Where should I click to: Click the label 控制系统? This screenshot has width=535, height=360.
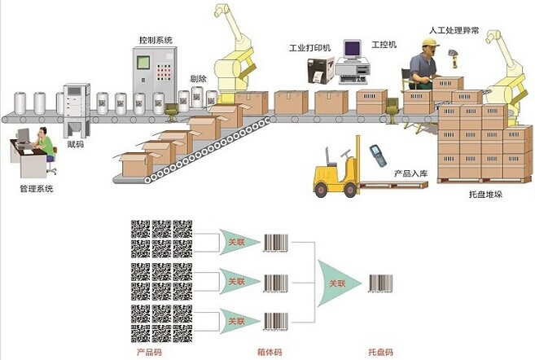point(156,39)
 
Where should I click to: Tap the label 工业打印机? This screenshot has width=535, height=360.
point(310,48)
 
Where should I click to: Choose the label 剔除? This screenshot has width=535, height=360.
point(197,79)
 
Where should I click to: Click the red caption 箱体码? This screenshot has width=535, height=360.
point(274,352)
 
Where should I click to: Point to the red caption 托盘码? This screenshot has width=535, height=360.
point(379,352)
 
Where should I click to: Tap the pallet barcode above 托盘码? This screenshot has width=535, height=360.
point(380,283)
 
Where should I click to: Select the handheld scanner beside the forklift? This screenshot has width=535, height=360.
point(377,154)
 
